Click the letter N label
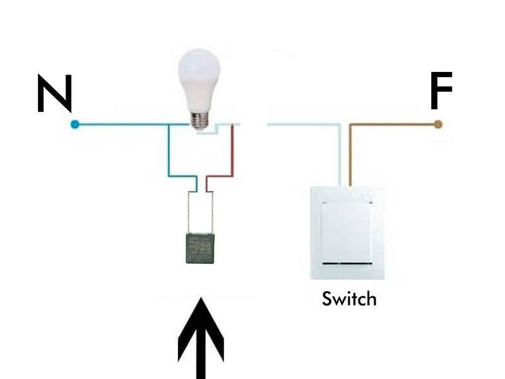coord(54,93)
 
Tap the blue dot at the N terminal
coord(75,124)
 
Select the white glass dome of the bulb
coord(199,79)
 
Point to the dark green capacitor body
coord(200,248)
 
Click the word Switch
coord(348,298)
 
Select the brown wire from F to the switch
coord(391,124)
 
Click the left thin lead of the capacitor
coord(188,212)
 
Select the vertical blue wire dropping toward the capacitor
coord(169,152)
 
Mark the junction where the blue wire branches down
coord(169,124)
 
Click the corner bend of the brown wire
coord(351,125)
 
